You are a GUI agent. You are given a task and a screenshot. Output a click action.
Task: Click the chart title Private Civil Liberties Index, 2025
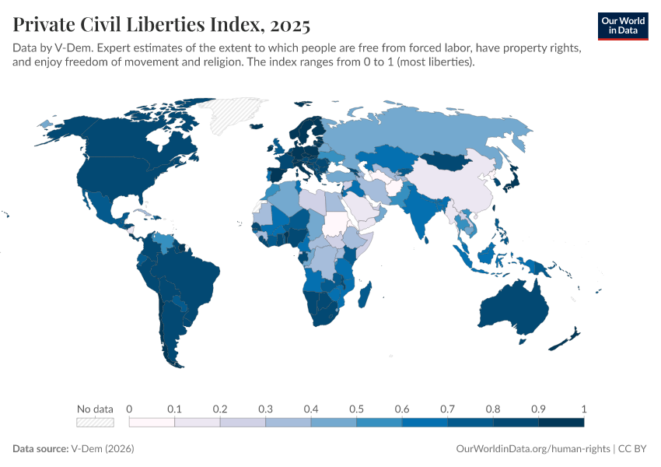(x=162, y=26)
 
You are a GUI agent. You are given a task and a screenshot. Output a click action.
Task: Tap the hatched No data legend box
(x=95, y=423)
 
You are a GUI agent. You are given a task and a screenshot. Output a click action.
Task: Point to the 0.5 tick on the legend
(x=356, y=409)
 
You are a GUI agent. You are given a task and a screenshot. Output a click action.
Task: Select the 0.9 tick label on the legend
(x=538, y=409)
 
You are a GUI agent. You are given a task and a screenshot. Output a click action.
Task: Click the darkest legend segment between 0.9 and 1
(x=561, y=423)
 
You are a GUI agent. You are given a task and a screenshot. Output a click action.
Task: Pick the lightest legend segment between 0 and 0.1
(x=152, y=423)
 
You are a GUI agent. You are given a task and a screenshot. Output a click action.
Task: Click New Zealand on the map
(x=566, y=339)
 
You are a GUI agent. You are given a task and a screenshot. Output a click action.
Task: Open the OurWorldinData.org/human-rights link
(x=532, y=449)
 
